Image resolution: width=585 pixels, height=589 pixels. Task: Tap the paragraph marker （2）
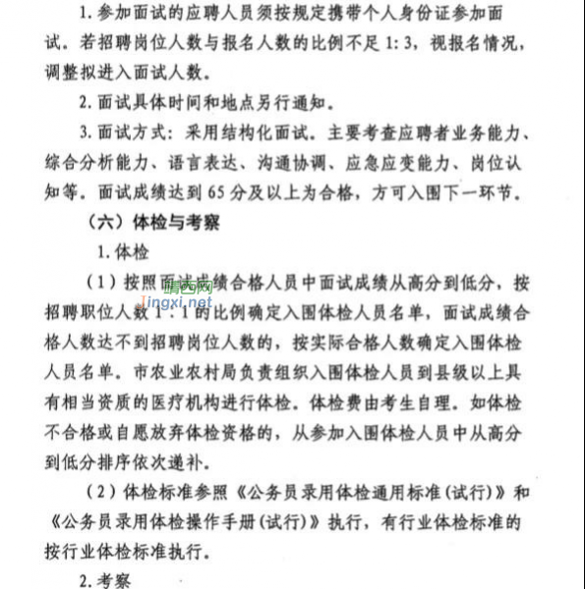(x=116, y=491)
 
